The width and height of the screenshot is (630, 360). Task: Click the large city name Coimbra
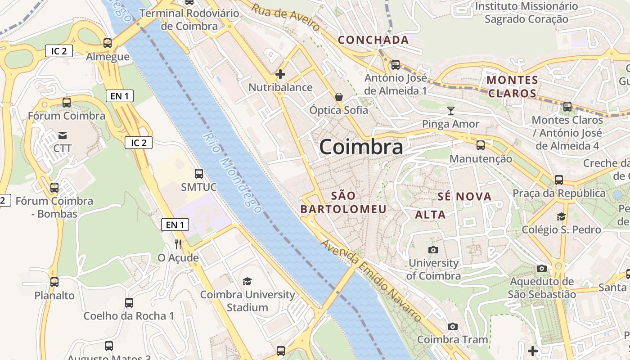[361, 147]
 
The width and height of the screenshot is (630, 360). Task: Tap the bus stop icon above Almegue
[108, 43]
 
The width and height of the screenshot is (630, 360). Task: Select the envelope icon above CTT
[63, 135]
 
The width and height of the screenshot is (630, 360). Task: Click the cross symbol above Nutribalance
[280, 74]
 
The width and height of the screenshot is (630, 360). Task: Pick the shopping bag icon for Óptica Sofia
[338, 97]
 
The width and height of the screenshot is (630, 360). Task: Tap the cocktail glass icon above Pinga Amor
[451, 111]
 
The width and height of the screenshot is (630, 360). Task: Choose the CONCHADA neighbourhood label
[373, 40]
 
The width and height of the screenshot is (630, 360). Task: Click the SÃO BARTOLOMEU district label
[343, 202]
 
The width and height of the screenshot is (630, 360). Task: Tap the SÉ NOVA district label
[464, 197]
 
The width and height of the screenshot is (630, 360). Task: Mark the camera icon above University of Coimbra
[433, 250]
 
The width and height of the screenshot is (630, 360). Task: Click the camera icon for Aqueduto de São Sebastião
[542, 269]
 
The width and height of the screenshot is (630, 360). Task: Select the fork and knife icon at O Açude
[178, 244]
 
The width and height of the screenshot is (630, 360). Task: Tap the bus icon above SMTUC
[198, 173]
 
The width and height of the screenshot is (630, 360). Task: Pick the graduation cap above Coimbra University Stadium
[247, 282]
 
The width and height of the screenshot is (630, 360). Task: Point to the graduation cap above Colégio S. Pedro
[561, 217]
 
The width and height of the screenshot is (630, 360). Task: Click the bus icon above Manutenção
[481, 145]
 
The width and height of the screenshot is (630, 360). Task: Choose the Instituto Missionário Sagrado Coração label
[526, 13]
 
